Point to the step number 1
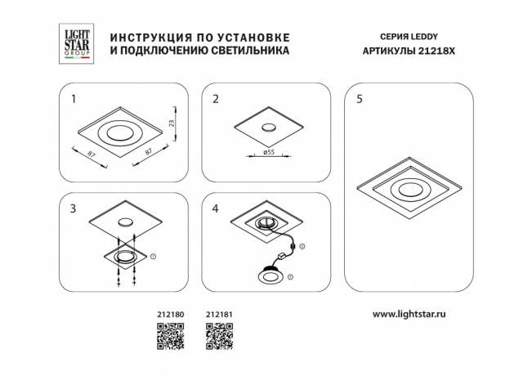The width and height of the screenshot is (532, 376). pyautogui.click(x=74, y=101)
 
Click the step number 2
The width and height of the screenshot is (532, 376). pyautogui.click(x=216, y=101)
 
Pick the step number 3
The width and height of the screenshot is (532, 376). pyautogui.click(x=74, y=209)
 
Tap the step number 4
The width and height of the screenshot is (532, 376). pyautogui.click(x=216, y=209)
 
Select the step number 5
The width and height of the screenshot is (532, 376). pyautogui.click(x=360, y=101)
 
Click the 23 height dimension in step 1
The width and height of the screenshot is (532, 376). pyautogui.click(x=172, y=123)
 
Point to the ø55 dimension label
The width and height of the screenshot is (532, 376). pyautogui.click(x=267, y=153)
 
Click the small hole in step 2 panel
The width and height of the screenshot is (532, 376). pyautogui.click(x=267, y=127)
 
